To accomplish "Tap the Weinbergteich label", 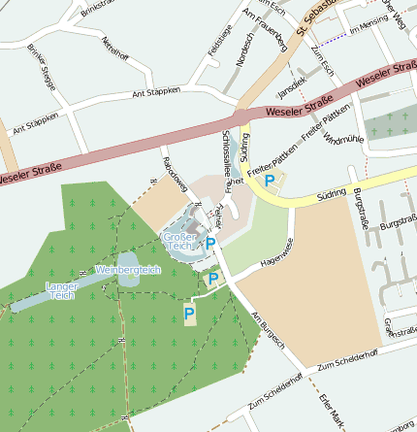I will coord(128,270).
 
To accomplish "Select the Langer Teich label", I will coord(60,290).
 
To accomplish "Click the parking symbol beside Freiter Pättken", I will coord(271,180).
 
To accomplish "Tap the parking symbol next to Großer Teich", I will coord(210,243).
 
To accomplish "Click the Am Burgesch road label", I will coord(269,330).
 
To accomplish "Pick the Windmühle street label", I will coord(343,140).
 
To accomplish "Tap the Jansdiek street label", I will coord(291,86).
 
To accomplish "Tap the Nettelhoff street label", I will coord(114,48).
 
